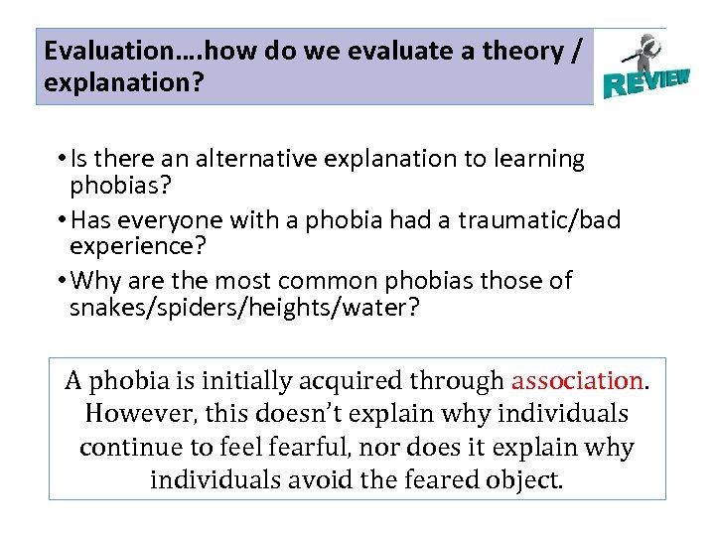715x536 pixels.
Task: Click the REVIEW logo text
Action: tap(645, 80)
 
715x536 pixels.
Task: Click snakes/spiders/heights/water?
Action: tap(244, 308)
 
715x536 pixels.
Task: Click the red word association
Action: tap(577, 380)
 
